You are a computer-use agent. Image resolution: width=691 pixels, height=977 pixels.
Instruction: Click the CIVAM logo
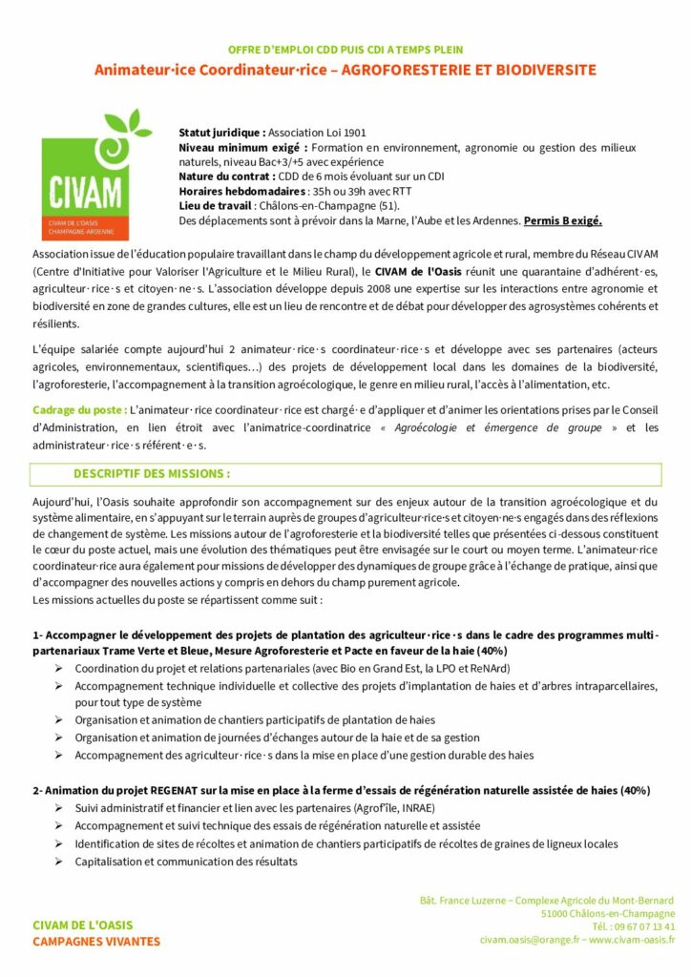point(90,176)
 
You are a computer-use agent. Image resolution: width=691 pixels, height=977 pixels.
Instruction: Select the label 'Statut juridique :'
point(222,133)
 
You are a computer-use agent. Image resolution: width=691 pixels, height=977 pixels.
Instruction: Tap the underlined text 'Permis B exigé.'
point(563,221)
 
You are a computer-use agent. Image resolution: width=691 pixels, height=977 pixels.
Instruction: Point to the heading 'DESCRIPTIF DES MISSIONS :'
point(152,473)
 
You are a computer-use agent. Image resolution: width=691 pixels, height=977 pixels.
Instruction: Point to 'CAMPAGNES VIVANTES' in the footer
point(96,942)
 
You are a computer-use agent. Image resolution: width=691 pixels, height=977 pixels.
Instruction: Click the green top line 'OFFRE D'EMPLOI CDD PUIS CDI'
point(345,50)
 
